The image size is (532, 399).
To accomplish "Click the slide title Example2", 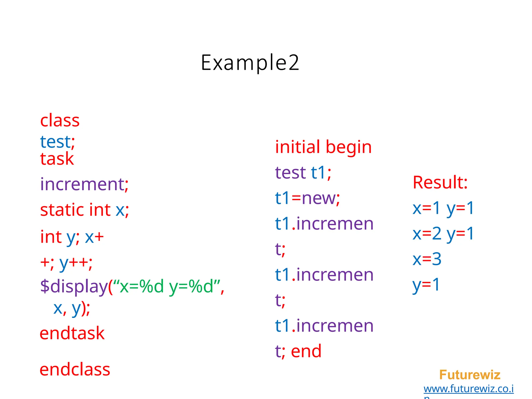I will tap(250, 63).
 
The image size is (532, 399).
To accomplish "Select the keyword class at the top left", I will tap(60, 121).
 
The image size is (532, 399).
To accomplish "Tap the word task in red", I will tap(57, 159).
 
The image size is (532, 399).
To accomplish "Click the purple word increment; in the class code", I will tap(84, 184).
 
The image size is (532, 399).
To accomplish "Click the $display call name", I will tap(74, 287).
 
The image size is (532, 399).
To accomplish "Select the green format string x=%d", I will tap(142, 286).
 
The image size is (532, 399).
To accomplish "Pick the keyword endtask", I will tap(72, 333).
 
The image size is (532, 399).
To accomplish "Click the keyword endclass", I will tap(75, 369).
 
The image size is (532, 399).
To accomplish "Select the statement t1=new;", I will tap(307, 198).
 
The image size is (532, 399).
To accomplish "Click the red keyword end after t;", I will tap(306, 351).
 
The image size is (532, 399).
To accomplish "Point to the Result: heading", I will tap(440, 182).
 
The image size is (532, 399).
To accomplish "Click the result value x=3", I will tap(427, 259).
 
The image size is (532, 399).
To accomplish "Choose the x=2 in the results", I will tap(427, 234).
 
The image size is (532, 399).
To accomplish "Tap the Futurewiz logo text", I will tap(470, 375).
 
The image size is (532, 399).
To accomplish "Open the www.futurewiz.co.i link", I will tap(469, 389).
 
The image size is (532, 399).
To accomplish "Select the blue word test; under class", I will tap(57, 142).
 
